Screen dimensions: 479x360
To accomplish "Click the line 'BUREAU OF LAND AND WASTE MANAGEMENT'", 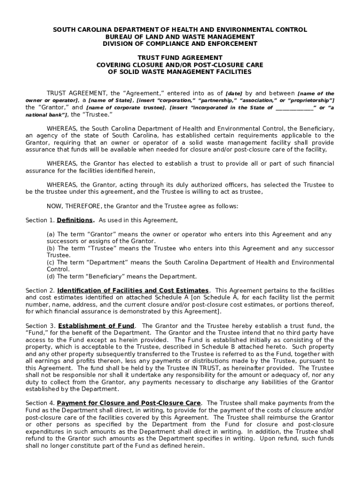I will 180,37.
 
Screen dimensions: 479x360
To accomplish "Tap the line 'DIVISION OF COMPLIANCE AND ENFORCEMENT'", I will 180,44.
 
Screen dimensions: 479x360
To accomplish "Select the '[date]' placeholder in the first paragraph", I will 234,94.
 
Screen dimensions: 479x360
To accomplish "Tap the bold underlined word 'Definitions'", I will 75,220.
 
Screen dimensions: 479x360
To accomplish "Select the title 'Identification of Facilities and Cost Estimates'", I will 133,290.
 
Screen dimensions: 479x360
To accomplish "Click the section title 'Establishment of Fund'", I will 96,326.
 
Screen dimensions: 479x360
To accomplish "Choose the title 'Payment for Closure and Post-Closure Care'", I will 129,403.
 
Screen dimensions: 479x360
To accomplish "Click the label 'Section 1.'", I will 40,220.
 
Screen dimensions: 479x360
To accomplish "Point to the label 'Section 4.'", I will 40,403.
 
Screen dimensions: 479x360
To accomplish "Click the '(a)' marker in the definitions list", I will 50,234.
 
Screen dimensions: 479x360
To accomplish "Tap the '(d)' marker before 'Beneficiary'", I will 50,276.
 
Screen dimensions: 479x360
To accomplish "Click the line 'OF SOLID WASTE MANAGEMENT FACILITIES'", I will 180,72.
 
